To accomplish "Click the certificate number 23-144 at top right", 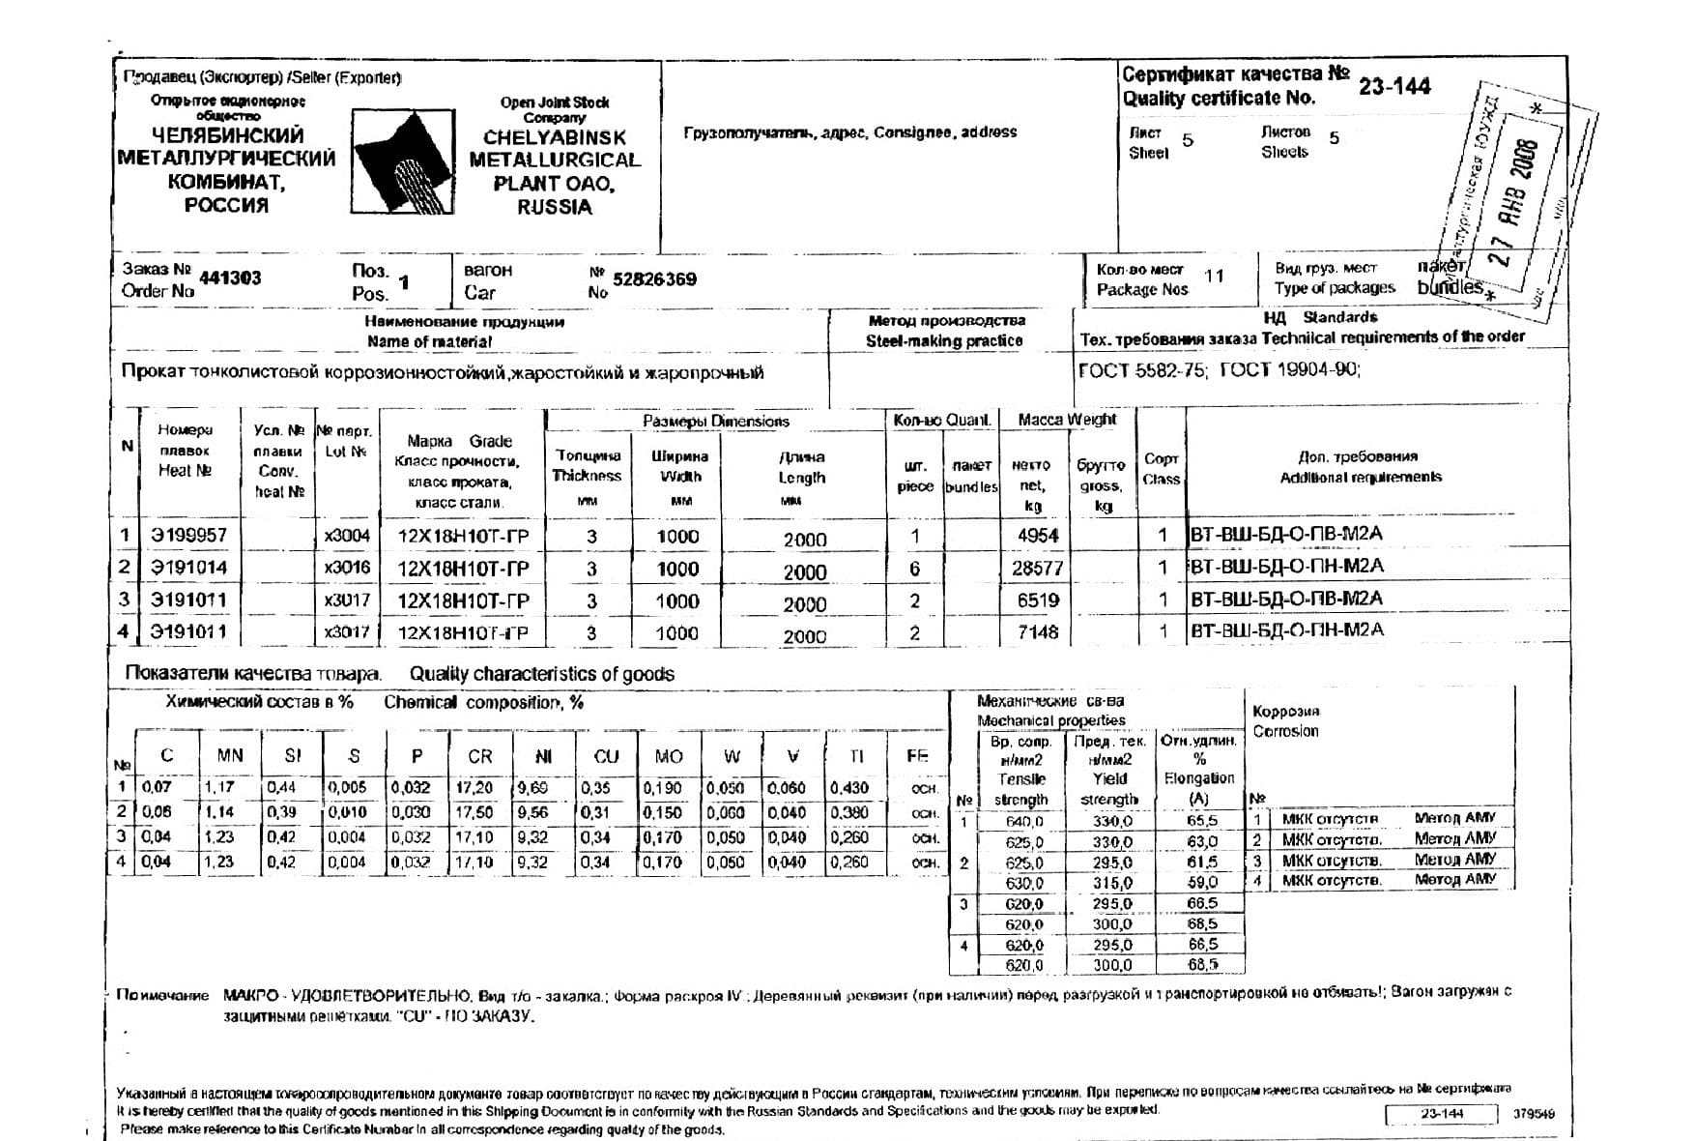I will (x=1393, y=87).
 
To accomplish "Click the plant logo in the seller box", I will (x=403, y=161).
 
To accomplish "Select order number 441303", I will (x=230, y=278).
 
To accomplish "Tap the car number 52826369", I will (x=654, y=279).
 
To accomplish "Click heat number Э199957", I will (x=189, y=536).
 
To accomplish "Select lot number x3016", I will (x=347, y=568).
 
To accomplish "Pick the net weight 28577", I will (x=1037, y=569).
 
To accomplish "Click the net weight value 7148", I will (x=1038, y=632).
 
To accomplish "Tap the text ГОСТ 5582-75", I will (x=1141, y=370).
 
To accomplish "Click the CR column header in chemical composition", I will (x=479, y=756).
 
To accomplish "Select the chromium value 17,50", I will (x=474, y=812).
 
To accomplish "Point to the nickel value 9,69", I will (x=532, y=788).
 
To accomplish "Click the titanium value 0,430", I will (x=848, y=788).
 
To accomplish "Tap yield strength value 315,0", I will (x=1111, y=883).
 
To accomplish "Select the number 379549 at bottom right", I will (x=1533, y=1114).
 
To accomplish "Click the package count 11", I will (x=1214, y=277).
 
